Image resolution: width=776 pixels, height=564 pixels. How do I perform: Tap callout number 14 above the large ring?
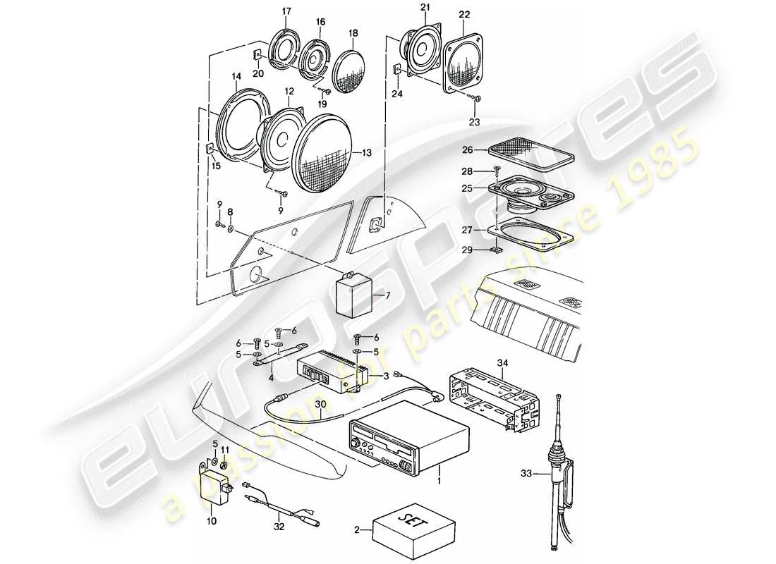(236, 75)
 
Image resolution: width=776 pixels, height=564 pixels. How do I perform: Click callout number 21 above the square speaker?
(425, 7)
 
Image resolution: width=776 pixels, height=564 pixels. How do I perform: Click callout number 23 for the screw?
(473, 121)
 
